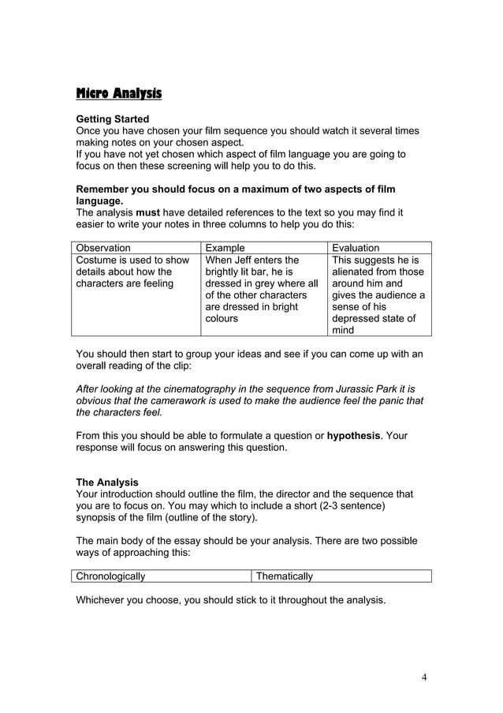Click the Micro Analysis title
click(x=118, y=94)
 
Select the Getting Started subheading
click(x=112, y=119)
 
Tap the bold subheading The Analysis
click(x=106, y=482)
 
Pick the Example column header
click(x=225, y=248)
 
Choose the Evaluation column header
click(x=356, y=248)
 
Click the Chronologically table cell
click(x=111, y=576)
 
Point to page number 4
click(x=423, y=677)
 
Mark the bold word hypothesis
click(x=353, y=435)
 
